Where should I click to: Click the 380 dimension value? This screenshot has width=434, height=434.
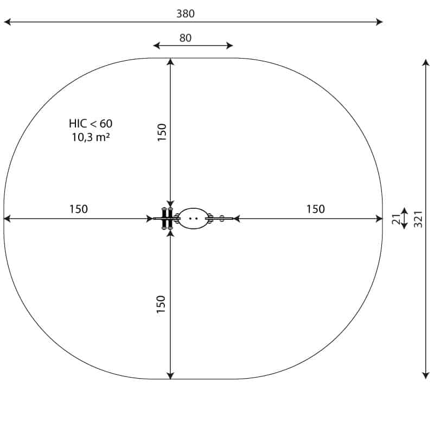click(186, 14)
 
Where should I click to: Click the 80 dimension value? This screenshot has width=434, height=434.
click(186, 38)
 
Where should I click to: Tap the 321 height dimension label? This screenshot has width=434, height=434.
click(418, 219)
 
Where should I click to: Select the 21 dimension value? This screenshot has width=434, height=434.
click(396, 219)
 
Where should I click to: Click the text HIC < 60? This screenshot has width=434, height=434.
click(91, 124)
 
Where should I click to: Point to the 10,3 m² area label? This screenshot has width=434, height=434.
click(91, 137)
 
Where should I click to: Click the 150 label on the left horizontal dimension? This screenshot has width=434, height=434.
click(79, 209)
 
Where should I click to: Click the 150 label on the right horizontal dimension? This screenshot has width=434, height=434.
click(316, 209)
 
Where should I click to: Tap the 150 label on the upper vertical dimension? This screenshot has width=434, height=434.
click(162, 132)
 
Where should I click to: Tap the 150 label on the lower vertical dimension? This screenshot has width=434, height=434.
click(161, 304)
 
